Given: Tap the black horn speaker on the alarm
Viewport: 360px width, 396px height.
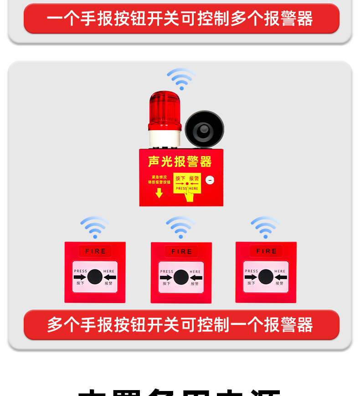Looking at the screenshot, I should (x=204, y=129).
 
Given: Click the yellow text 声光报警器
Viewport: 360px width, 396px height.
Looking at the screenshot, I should (x=180, y=162).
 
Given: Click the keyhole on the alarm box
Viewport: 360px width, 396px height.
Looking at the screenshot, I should (x=210, y=180).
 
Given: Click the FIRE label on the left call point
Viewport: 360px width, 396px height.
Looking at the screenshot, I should (x=95, y=251).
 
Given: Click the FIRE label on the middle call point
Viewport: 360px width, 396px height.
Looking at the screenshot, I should (x=181, y=252).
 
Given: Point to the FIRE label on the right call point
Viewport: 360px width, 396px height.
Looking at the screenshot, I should (x=266, y=251).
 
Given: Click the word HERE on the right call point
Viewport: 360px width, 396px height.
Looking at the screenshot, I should (x=280, y=271).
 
